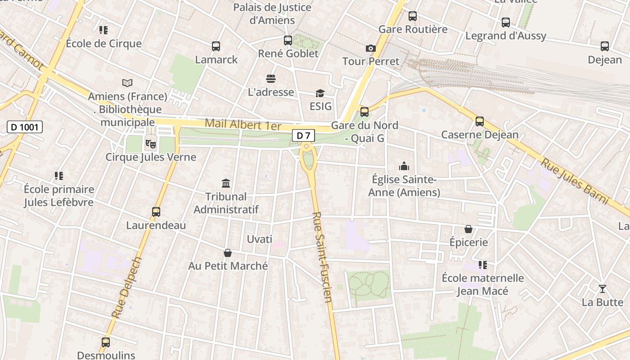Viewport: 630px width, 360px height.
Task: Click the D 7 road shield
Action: (303, 135)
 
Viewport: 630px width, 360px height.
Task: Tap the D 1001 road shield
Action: (25, 127)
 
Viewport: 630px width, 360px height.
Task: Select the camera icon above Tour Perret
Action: (370, 48)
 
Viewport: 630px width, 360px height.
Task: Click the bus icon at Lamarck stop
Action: (216, 46)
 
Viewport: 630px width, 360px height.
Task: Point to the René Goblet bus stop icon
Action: (288, 40)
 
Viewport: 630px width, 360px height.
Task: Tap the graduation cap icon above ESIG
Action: (320, 93)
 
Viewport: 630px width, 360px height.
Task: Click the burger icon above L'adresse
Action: (271, 79)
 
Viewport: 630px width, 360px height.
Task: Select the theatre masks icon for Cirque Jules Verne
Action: (150, 144)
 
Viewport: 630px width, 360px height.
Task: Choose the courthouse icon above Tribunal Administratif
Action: (226, 183)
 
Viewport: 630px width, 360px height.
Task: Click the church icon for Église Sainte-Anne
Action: (404, 166)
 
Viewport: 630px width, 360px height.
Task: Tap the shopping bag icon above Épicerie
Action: (468, 229)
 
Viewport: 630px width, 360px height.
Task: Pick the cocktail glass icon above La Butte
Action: (602, 288)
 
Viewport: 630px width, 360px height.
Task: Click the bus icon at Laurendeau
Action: (156, 211)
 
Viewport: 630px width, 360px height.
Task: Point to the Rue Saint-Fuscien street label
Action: (322, 257)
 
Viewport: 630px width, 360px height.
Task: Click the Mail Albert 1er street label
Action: (243, 124)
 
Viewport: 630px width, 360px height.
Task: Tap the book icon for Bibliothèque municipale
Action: (127, 83)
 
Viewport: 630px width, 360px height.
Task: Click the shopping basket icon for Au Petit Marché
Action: (228, 253)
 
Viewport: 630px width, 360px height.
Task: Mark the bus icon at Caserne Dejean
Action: (480, 121)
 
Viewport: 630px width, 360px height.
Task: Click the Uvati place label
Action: (260, 239)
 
